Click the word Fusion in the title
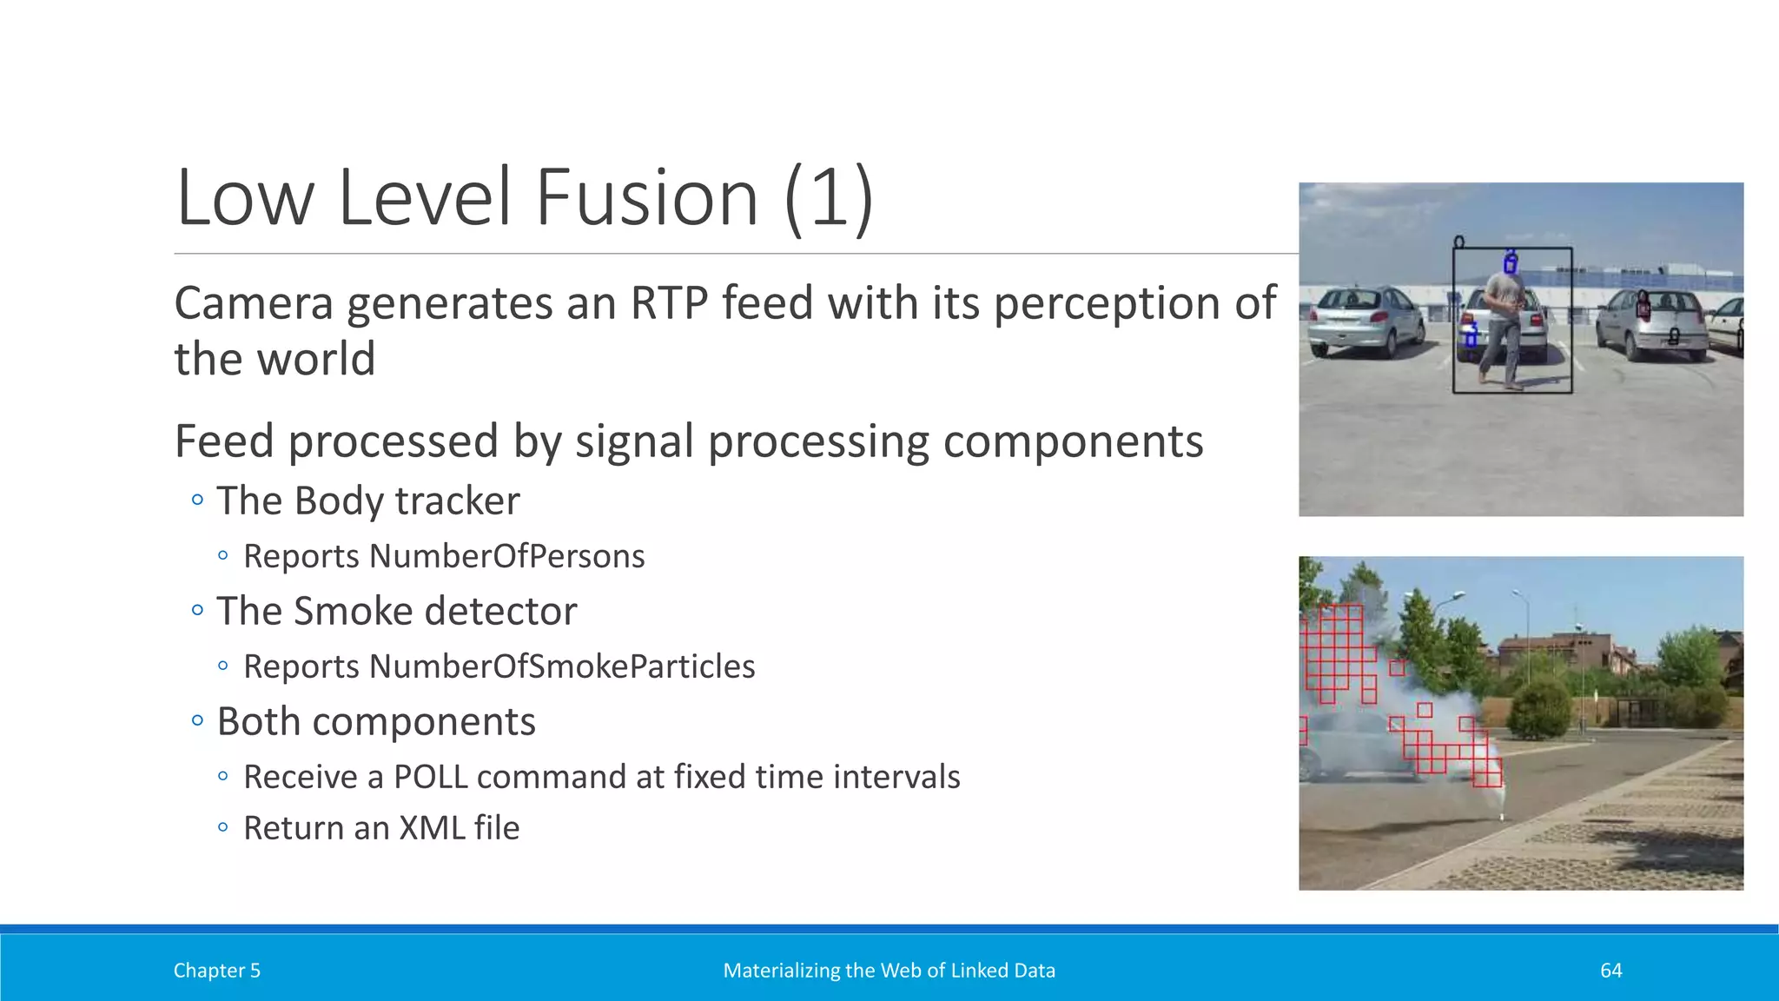646,198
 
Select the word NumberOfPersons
506,556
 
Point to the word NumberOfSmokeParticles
561,666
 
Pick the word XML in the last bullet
432,828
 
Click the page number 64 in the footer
1610,971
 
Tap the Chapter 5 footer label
216,971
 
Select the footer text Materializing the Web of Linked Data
889,971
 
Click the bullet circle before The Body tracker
197,500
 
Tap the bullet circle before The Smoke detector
197,610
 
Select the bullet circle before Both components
197,720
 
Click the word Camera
254,303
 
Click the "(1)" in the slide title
828,198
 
